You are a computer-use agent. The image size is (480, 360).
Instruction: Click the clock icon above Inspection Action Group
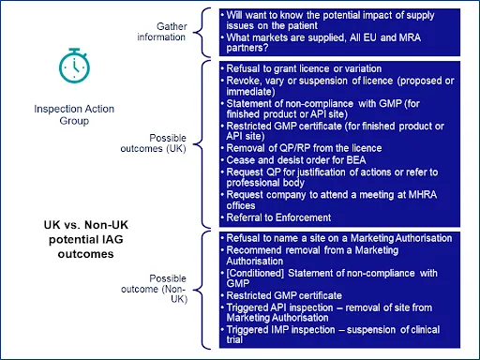[71, 65]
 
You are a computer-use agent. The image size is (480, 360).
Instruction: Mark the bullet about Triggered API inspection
[328, 309]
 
